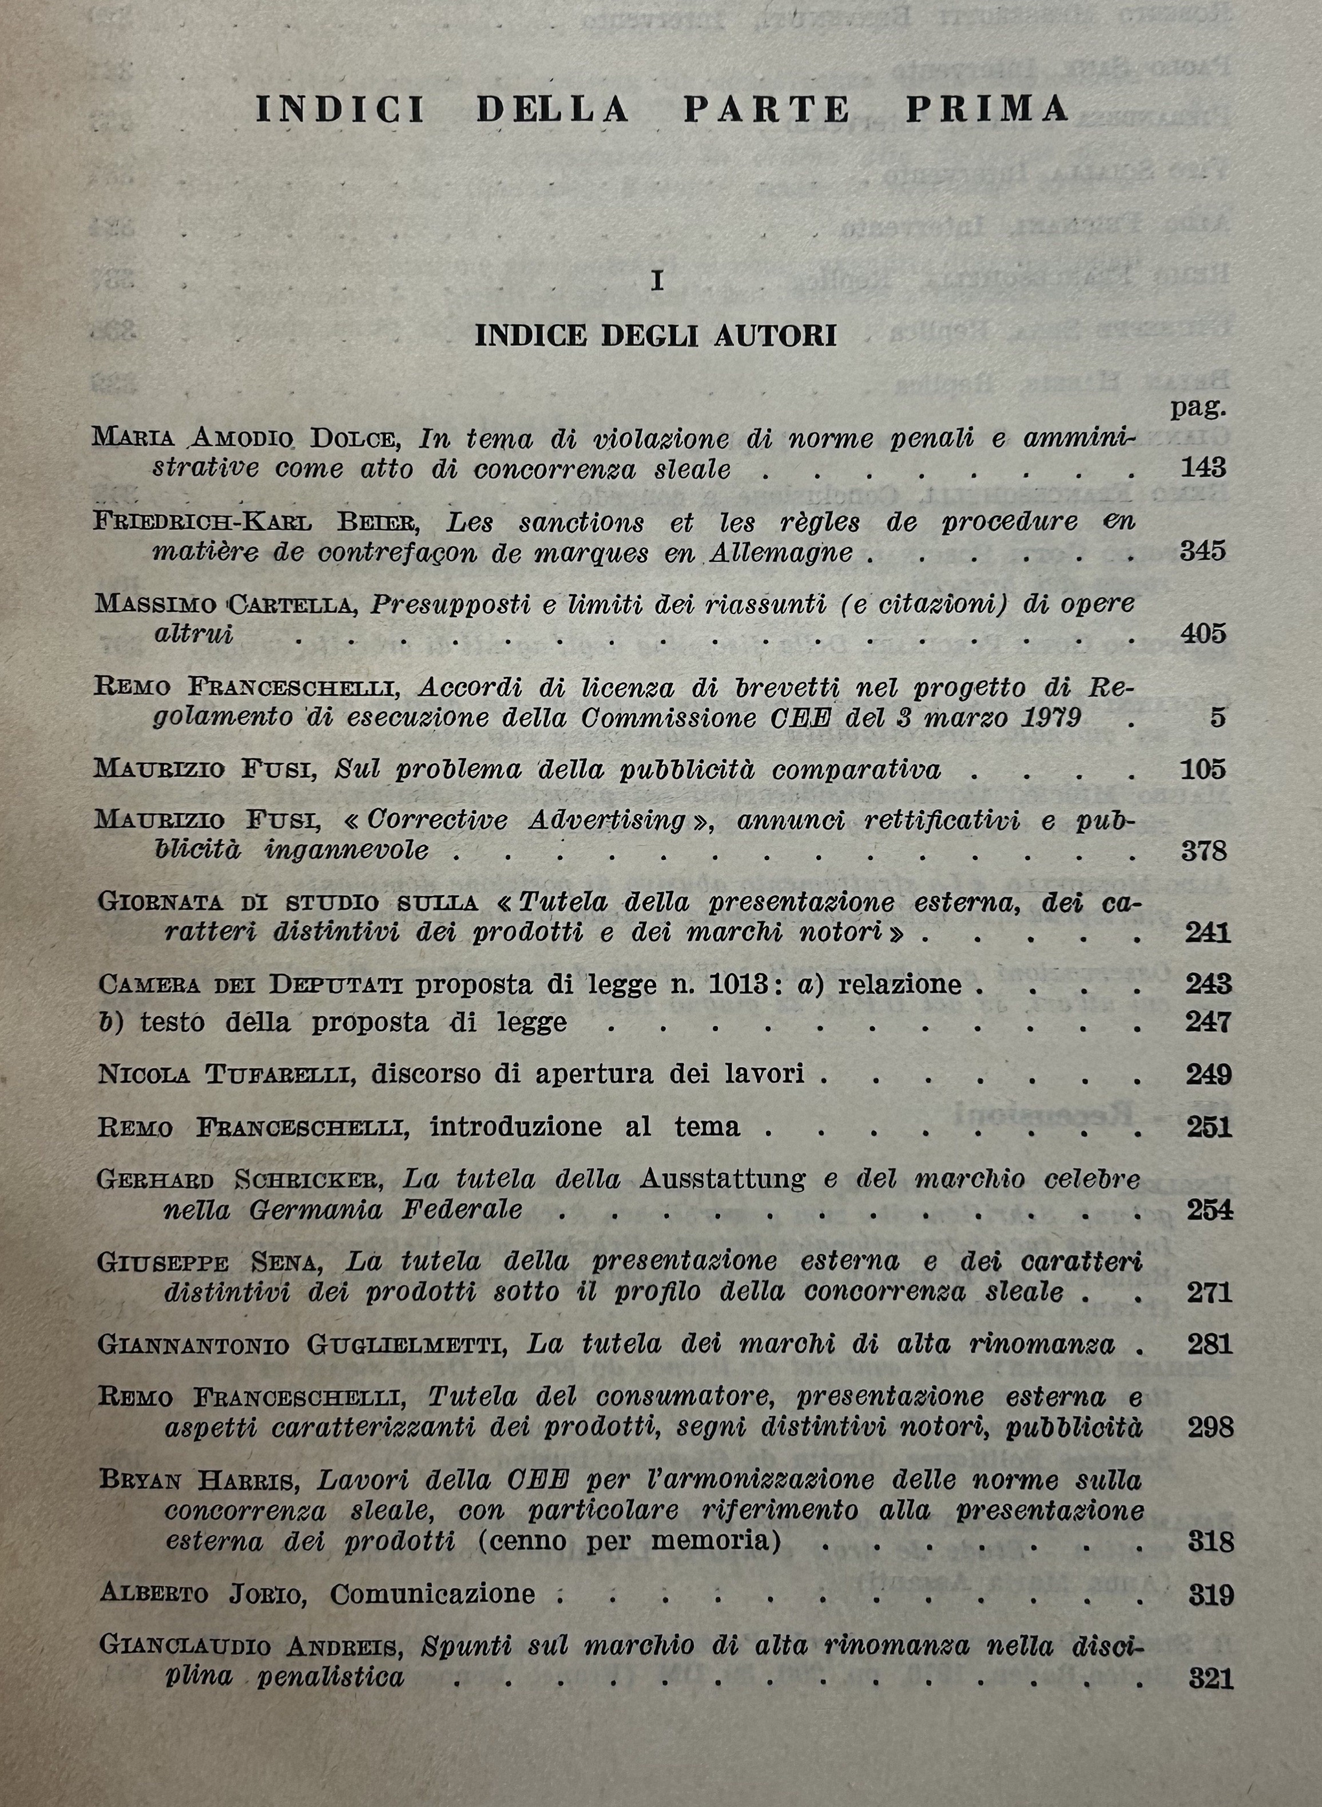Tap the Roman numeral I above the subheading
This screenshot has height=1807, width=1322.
pyautogui.click(x=657, y=282)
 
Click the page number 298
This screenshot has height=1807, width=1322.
pyautogui.click(x=1209, y=1427)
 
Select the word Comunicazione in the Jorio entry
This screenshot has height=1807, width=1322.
pyautogui.click(x=432, y=1594)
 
